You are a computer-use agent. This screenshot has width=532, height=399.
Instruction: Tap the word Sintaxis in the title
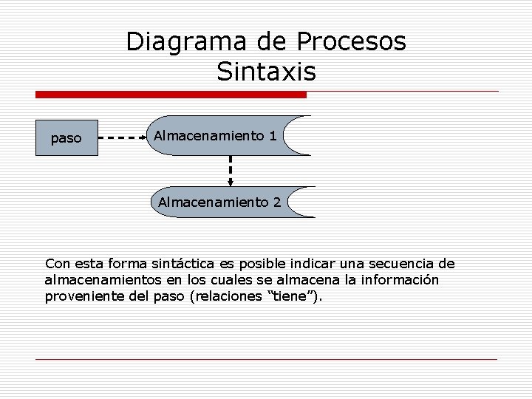266,72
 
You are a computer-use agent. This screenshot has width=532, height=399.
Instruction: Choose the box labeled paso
66,137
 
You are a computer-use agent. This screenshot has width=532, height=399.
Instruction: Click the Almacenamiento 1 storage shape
222,135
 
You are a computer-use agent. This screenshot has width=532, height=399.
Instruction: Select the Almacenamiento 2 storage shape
222,201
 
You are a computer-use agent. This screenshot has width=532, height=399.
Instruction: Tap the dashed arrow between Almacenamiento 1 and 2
231,170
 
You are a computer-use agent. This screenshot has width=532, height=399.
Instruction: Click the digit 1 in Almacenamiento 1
273,136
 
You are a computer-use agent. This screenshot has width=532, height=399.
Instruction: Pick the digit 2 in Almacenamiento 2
276,201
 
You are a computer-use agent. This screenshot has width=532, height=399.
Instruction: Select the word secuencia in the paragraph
403,264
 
